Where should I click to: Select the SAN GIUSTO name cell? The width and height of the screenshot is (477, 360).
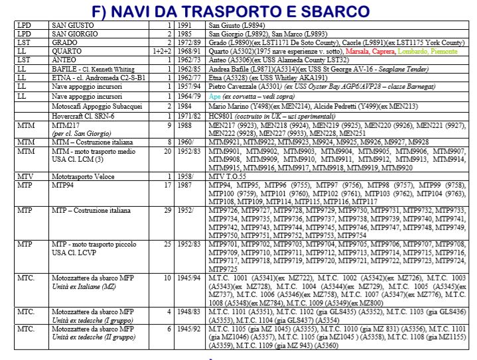tap(73, 27)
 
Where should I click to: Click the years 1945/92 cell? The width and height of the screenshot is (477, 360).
tap(188, 329)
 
